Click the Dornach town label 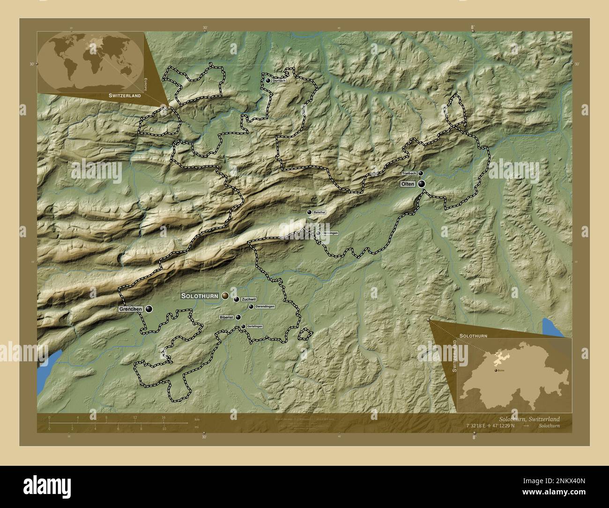[279, 81]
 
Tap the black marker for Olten [422, 184]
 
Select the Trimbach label [409, 173]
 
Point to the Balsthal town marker [309, 212]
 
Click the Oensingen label [330, 233]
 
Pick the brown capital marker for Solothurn [225, 296]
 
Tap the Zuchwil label [249, 299]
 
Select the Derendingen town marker [251, 306]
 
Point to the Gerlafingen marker [243, 327]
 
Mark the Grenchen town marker [149, 309]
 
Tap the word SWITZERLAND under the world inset [125, 95]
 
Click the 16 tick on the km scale [163, 417]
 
